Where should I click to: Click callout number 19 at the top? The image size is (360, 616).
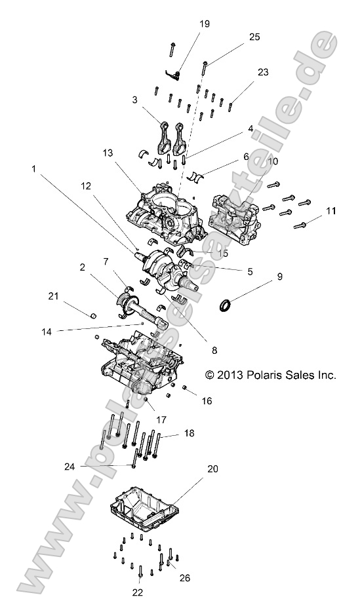click(204, 24)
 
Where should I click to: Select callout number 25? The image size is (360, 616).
click(254, 39)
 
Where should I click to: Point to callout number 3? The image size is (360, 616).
click(134, 100)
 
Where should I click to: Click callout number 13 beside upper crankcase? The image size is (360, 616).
click(127, 153)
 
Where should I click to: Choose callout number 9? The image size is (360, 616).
click(279, 277)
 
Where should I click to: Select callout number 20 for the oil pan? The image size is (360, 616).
click(213, 469)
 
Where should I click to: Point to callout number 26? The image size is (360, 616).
click(185, 577)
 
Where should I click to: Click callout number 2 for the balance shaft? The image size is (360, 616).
click(83, 267)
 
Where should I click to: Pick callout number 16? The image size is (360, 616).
click(207, 400)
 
